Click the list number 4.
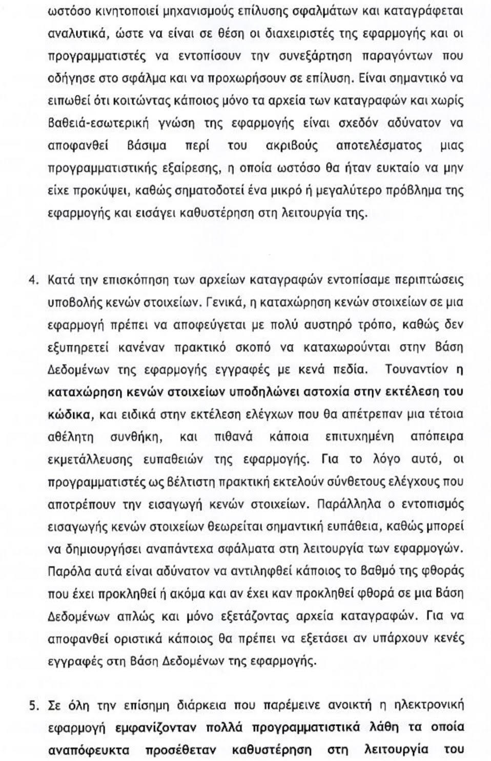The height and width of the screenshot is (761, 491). (x=32, y=280)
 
